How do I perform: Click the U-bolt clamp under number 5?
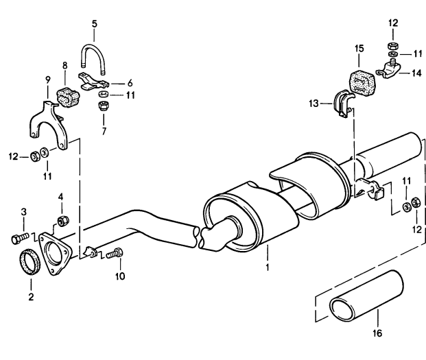coord(93,47)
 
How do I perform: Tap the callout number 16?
coord(377,333)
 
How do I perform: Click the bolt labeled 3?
coord(20,238)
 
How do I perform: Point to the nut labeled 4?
coord(64,220)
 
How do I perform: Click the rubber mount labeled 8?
coord(67,97)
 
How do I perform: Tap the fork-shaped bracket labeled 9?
coord(48,122)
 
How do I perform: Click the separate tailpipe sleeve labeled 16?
coord(367,297)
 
